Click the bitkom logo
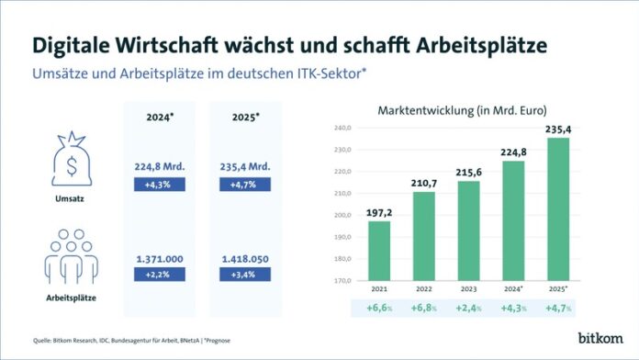(600, 338)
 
